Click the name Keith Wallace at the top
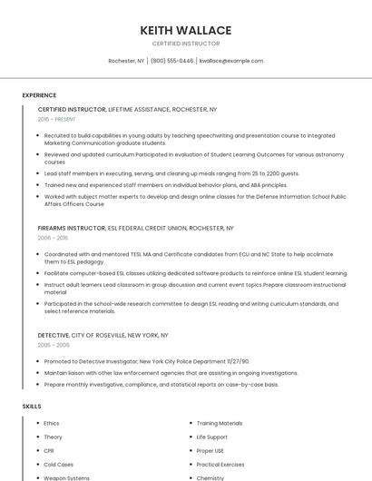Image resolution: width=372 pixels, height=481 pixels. point(186,30)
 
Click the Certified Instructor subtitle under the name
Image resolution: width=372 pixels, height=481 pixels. point(186,44)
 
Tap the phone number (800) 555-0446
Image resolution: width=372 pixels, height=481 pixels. point(171,61)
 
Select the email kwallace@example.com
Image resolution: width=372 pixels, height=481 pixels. point(231,61)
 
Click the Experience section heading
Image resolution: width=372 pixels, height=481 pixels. point(39,95)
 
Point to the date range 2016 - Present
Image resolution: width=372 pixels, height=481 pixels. point(56,119)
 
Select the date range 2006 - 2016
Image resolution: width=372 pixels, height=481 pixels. point(53,238)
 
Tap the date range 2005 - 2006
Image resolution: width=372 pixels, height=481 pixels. point(54,346)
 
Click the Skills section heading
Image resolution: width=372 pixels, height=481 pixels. point(32,406)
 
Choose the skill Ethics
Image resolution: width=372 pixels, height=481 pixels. point(52,423)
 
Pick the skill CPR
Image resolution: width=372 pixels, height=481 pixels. point(49,450)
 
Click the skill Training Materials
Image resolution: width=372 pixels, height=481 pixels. point(220,423)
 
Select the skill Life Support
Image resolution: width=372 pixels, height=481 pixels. point(212,437)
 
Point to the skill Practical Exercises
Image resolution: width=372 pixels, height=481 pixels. point(221,464)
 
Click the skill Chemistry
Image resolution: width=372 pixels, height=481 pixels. point(210,477)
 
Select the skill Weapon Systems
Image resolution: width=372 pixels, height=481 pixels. point(66,477)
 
